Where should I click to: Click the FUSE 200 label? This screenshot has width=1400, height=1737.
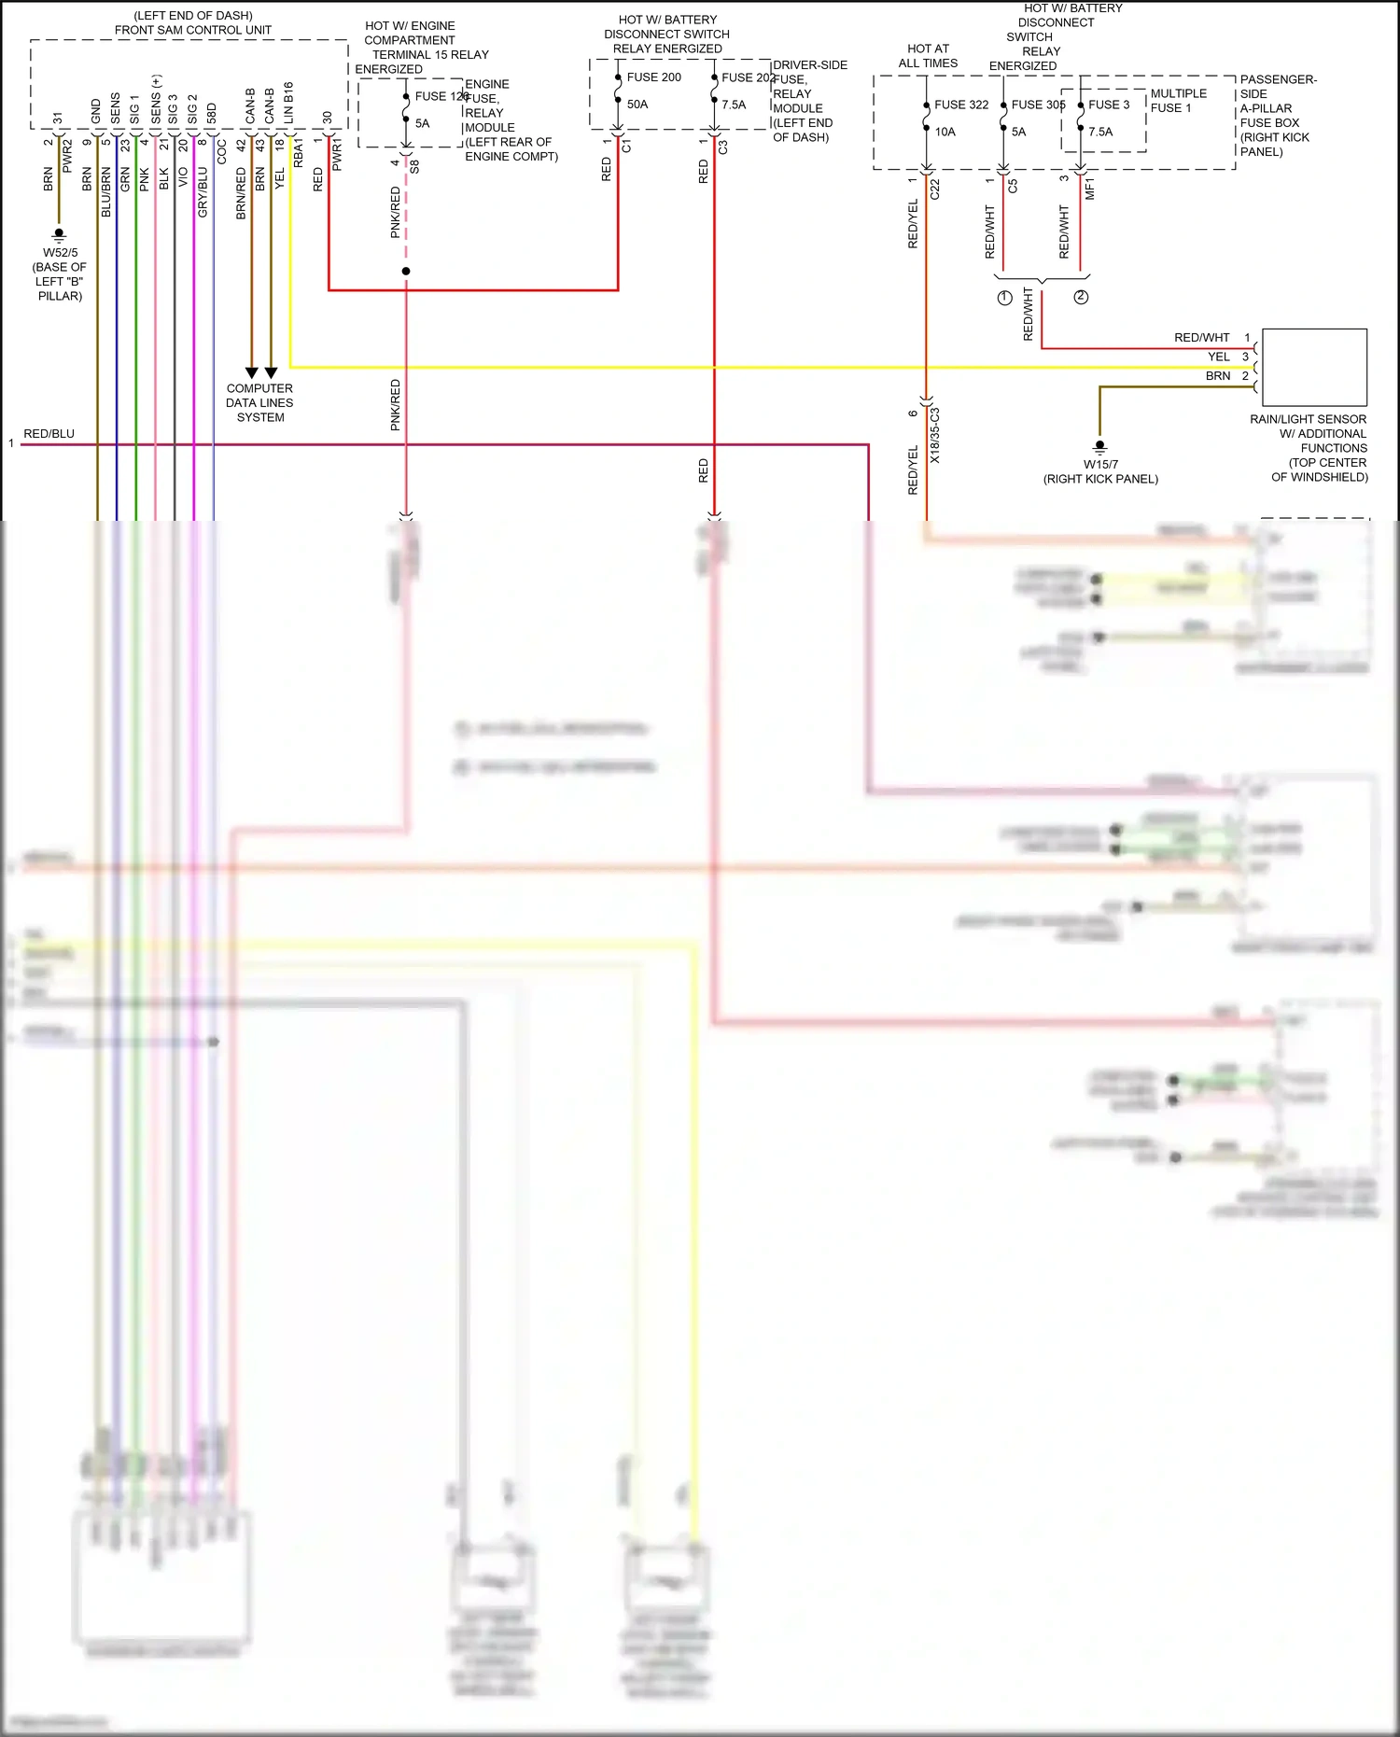[x=653, y=77]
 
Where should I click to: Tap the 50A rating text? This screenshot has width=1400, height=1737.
[x=637, y=105]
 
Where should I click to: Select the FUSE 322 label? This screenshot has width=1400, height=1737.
[x=960, y=105]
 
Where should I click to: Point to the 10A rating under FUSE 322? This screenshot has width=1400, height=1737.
[x=945, y=132]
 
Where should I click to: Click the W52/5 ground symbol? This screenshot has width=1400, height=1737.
[x=59, y=233]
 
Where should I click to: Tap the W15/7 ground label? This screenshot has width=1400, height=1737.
[x=1100, y=464]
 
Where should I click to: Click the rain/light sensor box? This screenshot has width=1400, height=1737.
[x=1313, y=367]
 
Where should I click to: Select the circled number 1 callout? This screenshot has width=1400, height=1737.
[x=1004, y=298]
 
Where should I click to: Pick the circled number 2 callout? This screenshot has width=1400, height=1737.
[x=1081, y=297]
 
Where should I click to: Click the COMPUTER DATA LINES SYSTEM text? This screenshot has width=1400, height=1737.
[x=259, y=402]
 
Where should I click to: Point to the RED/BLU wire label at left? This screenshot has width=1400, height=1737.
[x=49, y=434]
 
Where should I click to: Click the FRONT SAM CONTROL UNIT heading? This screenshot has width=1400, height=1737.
[x=193, y=30]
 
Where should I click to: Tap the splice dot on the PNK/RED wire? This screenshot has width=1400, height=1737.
[x=406, y=272]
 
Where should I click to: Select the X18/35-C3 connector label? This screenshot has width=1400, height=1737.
[x=935, y=435]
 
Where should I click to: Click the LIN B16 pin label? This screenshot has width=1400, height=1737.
[x=288, y=103]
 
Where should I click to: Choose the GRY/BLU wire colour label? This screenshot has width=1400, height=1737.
[x=203, y=192]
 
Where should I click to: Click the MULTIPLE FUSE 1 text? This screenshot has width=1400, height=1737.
[x=1178, y=101]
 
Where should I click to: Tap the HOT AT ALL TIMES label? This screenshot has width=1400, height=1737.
[x=928, y=56]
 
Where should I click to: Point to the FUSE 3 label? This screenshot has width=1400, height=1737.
[x=1108, y=105]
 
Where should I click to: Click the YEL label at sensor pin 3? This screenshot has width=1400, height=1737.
[x=1218, y=357]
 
